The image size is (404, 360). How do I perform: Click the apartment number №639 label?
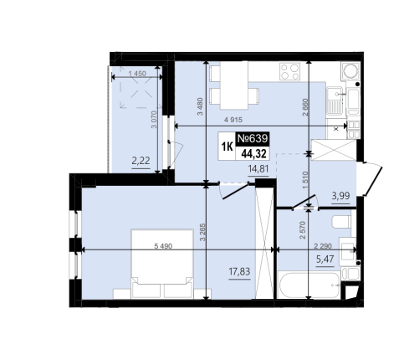253,138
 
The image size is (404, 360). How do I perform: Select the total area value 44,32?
253,153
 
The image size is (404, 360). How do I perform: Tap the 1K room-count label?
227,147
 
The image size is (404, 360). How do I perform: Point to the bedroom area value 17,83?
239,271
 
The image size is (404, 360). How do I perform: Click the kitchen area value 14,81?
258,168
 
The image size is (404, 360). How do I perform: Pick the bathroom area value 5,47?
325,260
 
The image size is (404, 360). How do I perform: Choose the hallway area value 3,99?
340,196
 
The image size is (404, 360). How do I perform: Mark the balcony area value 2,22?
141,161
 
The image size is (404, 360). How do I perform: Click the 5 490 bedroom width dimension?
163,246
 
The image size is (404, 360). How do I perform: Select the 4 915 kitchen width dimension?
233,120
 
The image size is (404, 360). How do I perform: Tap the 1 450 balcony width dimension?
137,74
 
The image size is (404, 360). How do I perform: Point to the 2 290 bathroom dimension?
323,246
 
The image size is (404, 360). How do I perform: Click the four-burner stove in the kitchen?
290,71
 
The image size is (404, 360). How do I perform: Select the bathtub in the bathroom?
309,285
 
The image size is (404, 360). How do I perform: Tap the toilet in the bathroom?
341,222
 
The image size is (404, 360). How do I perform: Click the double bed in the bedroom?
162,264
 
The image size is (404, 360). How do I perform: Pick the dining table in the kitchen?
234,85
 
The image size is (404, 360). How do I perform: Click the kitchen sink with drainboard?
335,100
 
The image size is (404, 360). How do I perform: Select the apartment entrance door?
371,178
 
